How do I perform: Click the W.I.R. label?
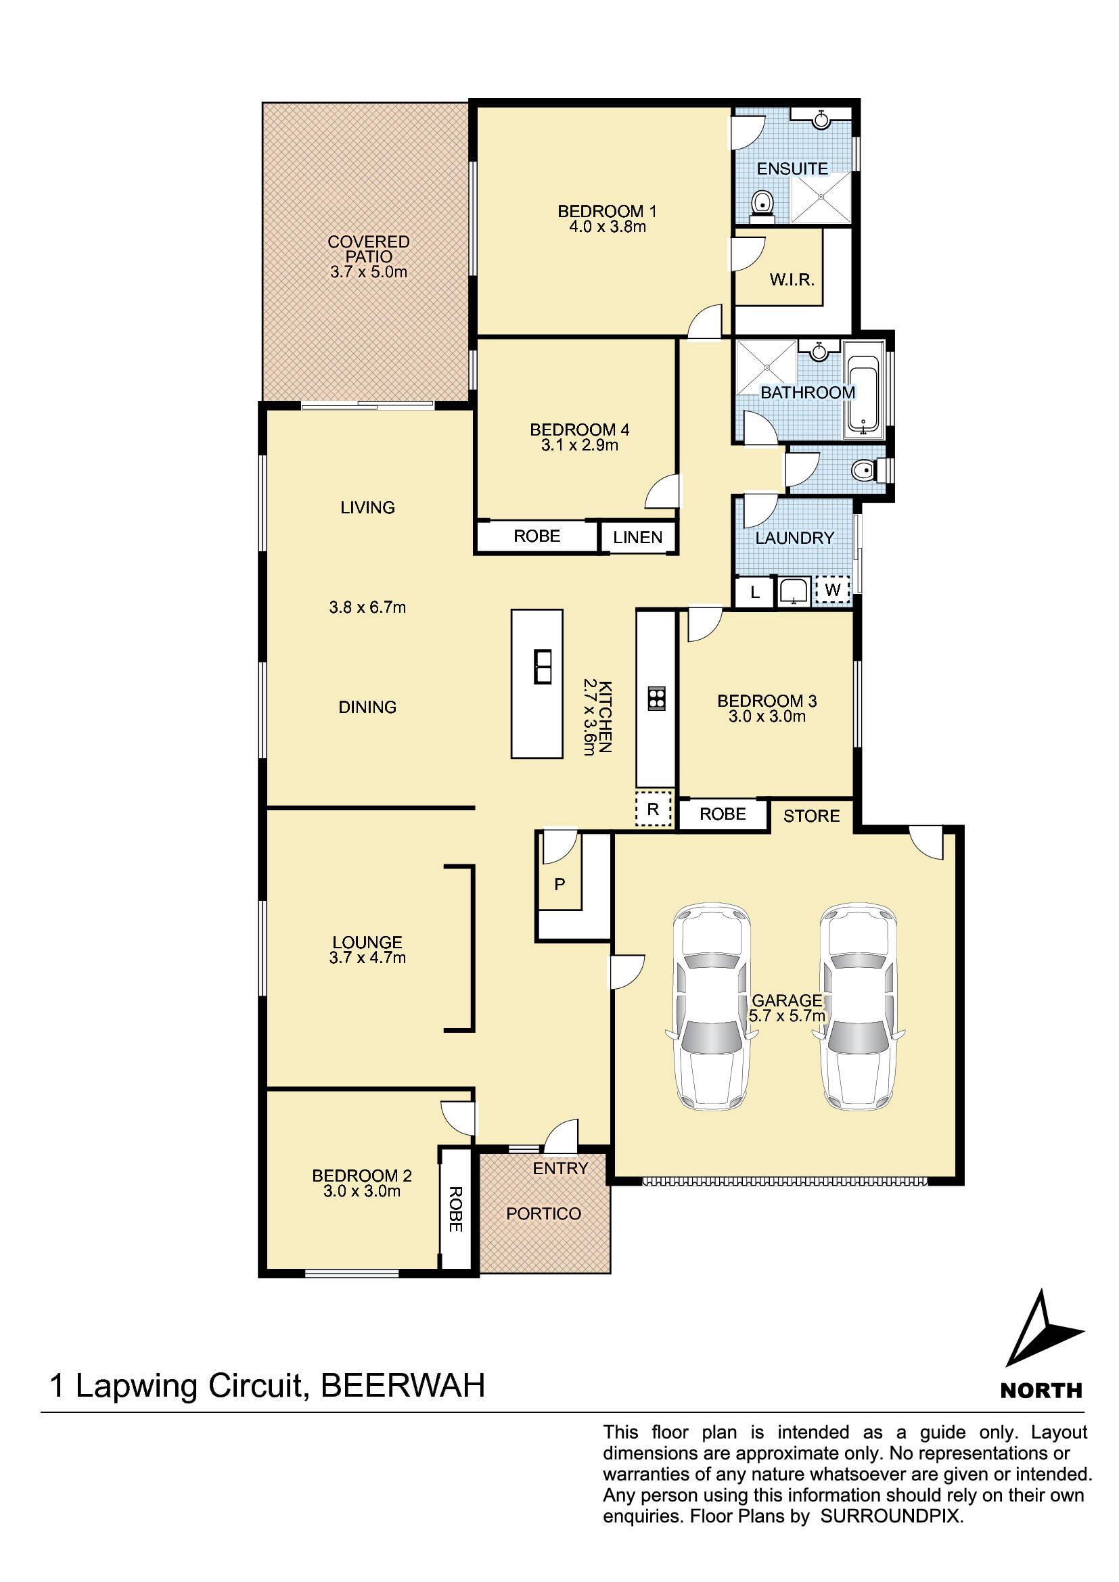tap(792, 280)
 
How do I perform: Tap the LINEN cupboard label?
tap(637, 537)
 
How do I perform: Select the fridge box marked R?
tap(654, 809)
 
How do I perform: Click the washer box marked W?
tap(832, 590)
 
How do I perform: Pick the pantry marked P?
tap(559, 883)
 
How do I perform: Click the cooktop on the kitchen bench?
tap(656, 699)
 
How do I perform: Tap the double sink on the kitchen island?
tap(543, 666)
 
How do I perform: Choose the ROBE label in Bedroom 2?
tap(455, 1209)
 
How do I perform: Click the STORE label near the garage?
tap(812, 816)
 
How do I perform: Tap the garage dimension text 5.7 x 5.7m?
tap(787, 1016)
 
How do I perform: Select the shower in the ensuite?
tap(821, 196)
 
